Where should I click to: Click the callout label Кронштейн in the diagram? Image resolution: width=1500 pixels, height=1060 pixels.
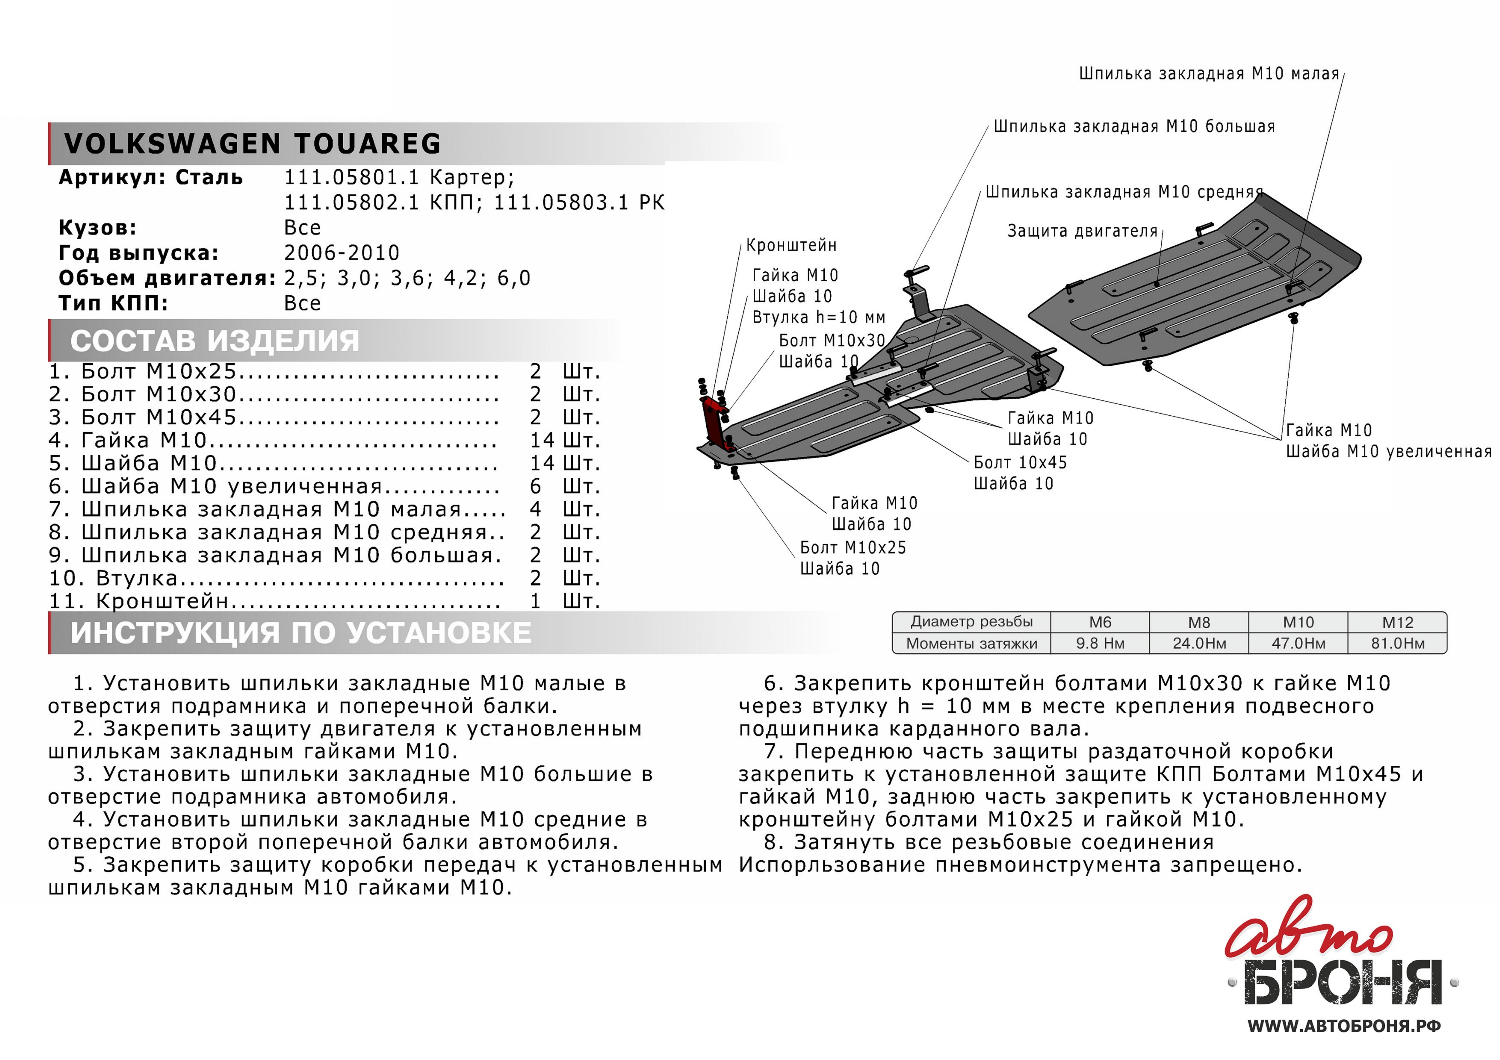pos(791,246)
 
